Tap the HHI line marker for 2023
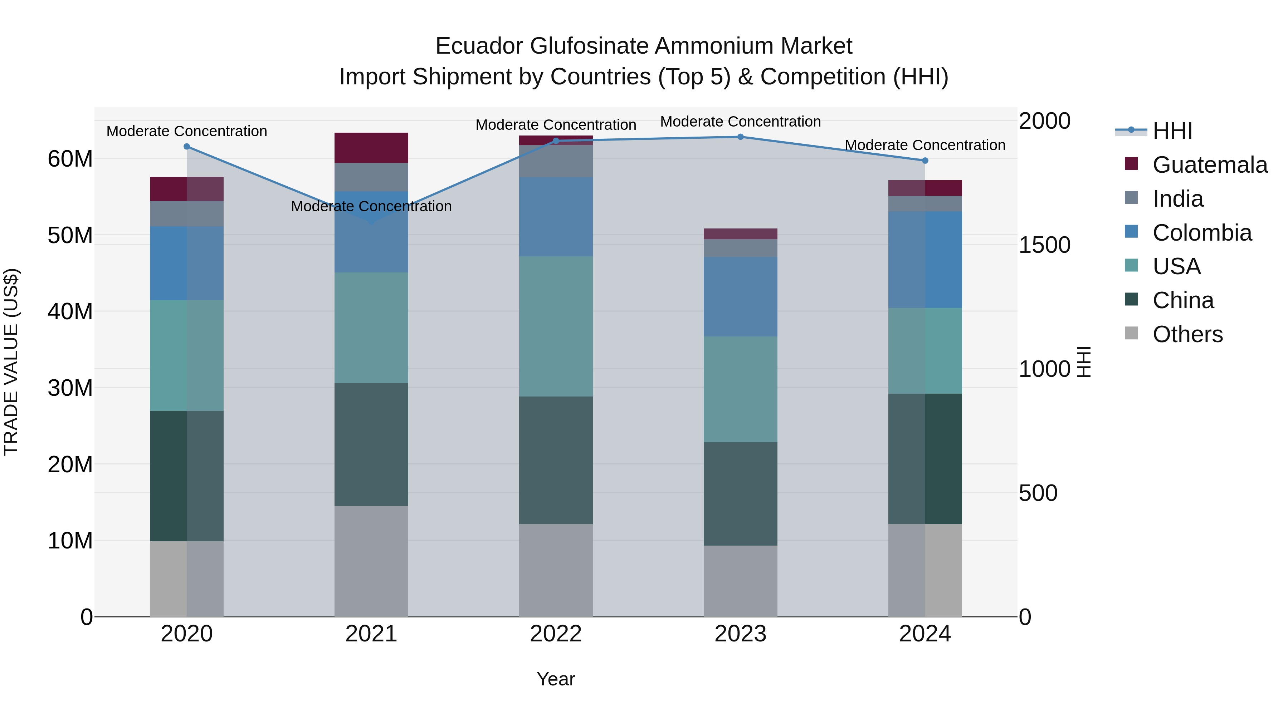[741, 137]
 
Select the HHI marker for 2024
[925, 161]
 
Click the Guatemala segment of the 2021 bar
[371, 148]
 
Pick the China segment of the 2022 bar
[556, 460]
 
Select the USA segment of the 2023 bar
[741, 389]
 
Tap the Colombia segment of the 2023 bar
[741, 297]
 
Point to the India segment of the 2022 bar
[556, 161]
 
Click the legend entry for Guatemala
[1210, 165]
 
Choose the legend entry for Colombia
[1202, 233]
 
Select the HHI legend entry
[1172, 131]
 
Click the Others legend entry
[1187, 334]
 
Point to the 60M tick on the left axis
[70, 159]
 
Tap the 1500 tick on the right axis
[1044, 245]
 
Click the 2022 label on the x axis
[556, 634]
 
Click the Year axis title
[556, 679]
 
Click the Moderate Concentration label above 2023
[741, 122]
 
